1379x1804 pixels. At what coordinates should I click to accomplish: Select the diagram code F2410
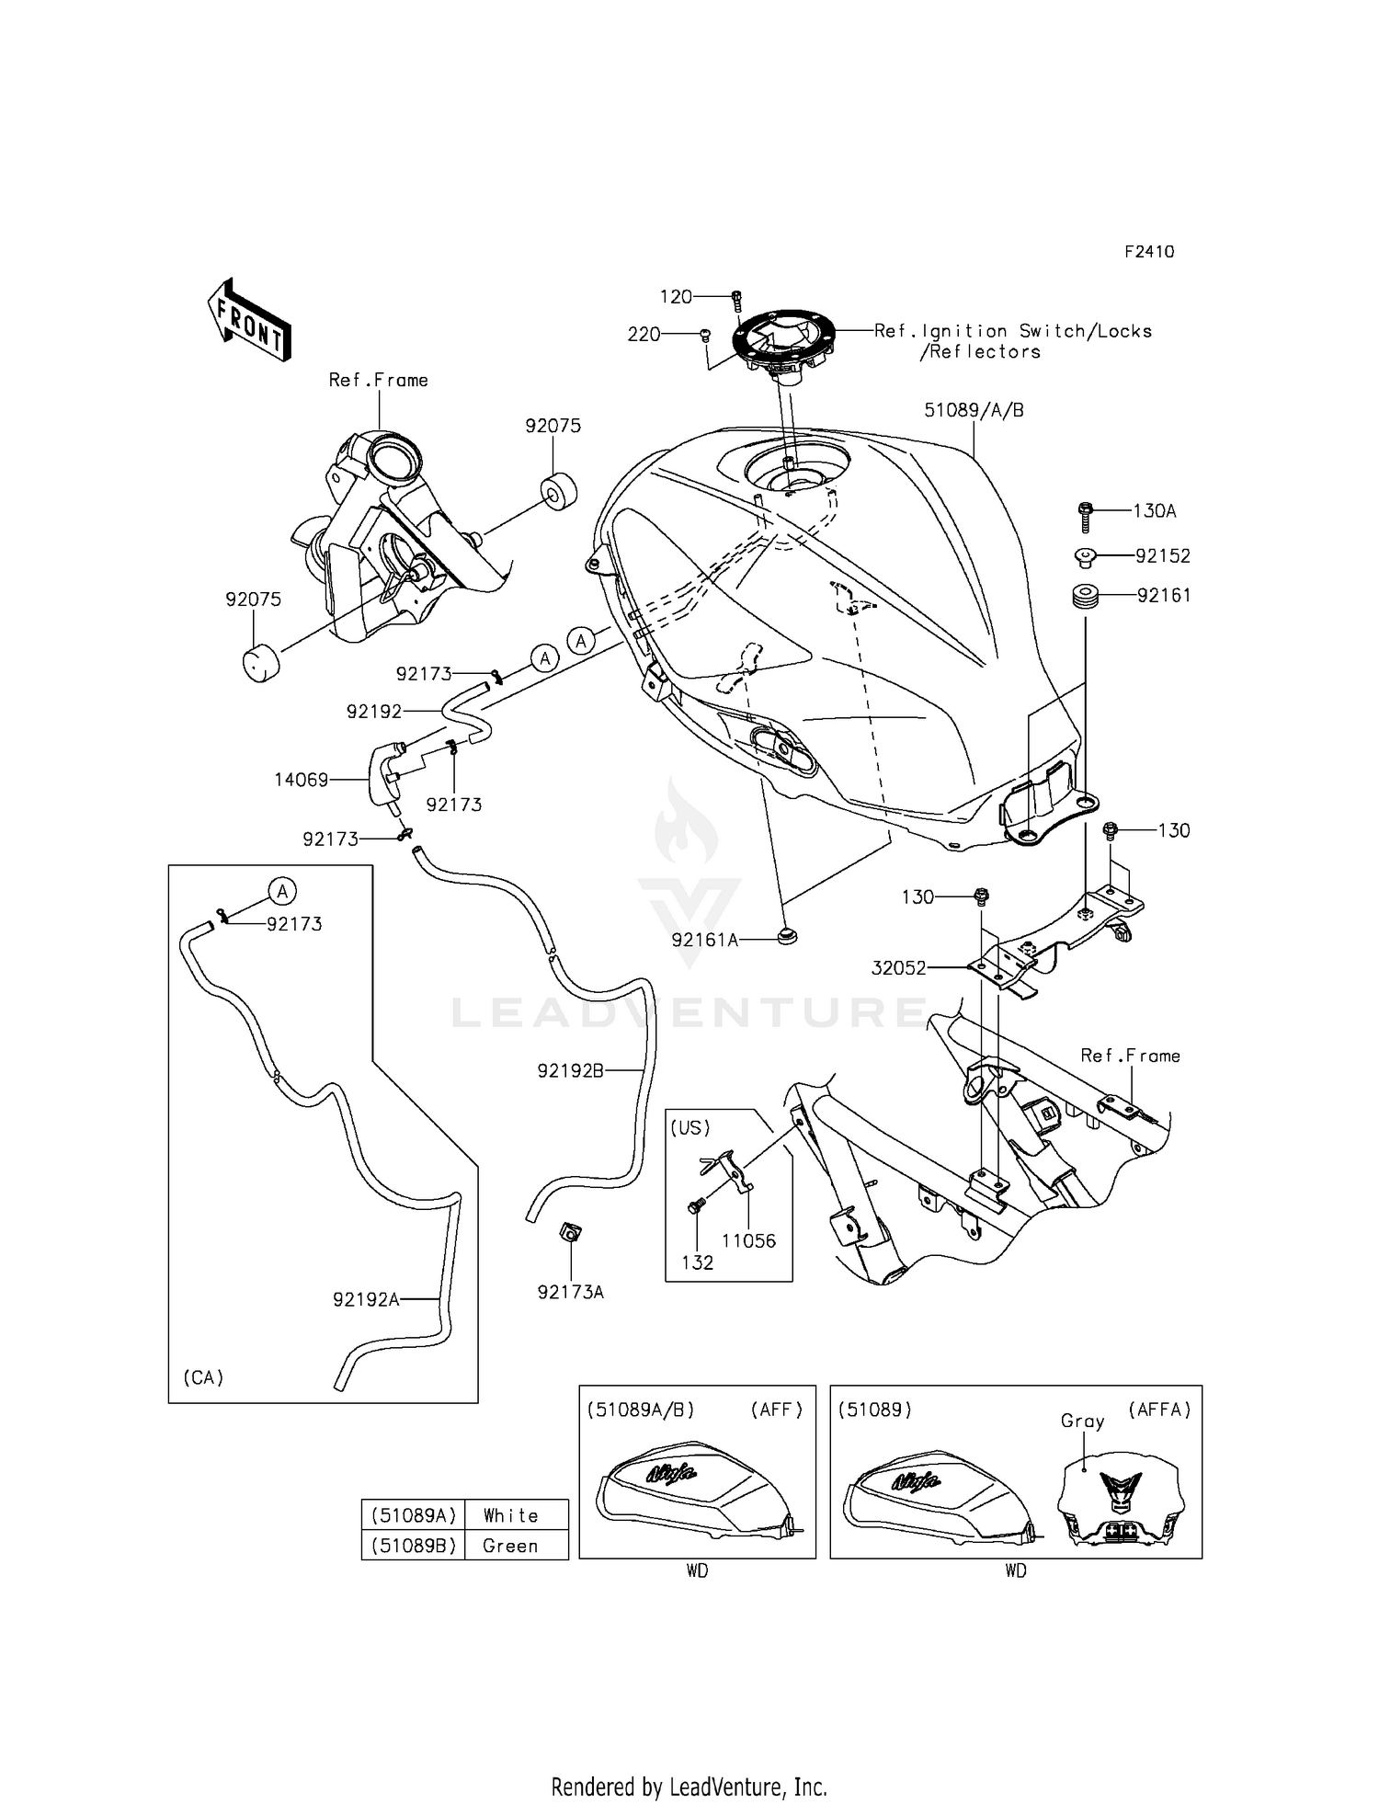[1149, 252]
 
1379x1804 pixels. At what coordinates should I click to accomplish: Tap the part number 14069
[301, 780]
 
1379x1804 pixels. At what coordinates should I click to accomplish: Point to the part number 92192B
[570, 1070]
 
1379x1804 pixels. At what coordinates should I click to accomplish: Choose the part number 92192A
[366, 1299]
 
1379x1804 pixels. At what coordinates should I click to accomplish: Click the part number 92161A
[705, 940]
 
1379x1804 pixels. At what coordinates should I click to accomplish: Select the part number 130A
[1154, 510]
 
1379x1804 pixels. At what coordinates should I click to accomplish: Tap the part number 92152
[1162, 555]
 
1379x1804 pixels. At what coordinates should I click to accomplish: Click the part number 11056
[748, 1240]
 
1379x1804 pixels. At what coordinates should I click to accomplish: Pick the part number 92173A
[570, 1292]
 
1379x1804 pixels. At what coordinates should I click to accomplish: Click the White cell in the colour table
[510, 1515]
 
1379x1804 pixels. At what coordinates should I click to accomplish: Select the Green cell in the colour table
[510, 1546]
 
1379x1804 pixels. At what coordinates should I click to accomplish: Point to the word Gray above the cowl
[1082, 1421]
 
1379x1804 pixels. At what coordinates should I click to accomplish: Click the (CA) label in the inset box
[203, 1377]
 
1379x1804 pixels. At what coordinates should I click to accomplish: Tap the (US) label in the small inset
[690, 1127]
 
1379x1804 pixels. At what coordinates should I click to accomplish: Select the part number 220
[644, 335]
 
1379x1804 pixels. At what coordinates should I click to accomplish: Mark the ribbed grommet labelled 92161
[1086, 596]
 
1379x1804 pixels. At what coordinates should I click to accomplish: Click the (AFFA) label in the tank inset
[1159, 1410]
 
